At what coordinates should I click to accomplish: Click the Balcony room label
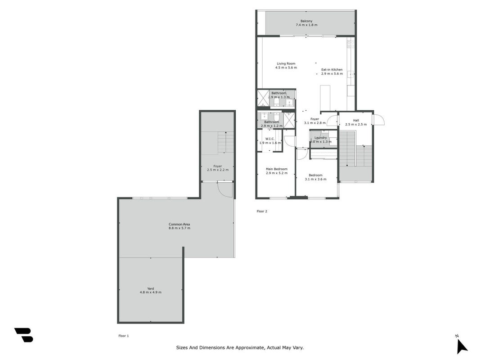[306, 21]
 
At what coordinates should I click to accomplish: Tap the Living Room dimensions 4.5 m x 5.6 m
[286, 67]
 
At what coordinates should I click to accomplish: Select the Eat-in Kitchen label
[332, 69]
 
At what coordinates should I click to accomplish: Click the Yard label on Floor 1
[151, 288]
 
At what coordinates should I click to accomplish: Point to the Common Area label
[179, 225]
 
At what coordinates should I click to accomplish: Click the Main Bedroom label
[277, 169]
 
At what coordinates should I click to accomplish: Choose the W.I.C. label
[270, 139]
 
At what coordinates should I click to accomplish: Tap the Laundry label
[320, 138]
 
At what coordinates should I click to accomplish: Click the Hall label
[356, 121]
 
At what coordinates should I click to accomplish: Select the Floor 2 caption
[262, 211]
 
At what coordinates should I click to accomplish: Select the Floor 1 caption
[124, 336]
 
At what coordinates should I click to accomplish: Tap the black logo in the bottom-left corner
[23, 335]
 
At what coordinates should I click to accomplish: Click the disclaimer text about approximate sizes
[240, 347]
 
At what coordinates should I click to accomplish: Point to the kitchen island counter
[325, 97]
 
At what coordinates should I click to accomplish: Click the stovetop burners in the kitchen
[351, 44]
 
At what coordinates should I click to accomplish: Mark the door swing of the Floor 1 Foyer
[225, 189]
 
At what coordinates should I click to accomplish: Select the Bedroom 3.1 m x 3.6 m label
[316, 177]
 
